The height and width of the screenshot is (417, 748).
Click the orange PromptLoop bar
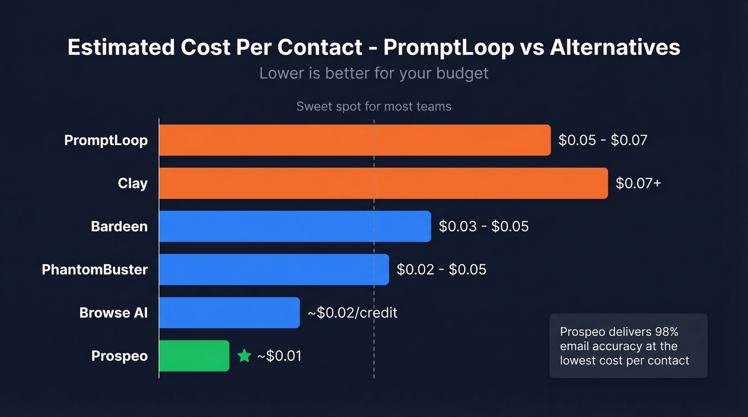point(355,140)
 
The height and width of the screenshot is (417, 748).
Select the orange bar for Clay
point(383,183)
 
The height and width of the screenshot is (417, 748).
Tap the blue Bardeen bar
point(295,226)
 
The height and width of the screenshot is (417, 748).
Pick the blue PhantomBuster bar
point(274,270)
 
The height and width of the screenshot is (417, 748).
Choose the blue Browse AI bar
point(229,313)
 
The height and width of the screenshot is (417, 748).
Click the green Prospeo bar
point(194,356)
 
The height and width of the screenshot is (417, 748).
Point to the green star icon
point(244,356)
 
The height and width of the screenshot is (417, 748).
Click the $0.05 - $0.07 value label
point(603,140)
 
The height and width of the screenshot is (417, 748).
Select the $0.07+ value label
point(638,183)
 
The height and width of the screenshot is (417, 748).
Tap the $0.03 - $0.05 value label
point(484,226)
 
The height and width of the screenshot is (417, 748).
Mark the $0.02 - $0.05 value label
point(441,270)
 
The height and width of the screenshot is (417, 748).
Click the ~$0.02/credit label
point(353,313)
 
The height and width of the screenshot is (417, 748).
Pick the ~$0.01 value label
point(279,356)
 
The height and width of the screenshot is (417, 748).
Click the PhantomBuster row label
point(95,270)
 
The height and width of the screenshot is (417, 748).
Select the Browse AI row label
point(113,313)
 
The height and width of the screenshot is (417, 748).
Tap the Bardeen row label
point(119,226)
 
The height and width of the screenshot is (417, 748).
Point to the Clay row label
point(133,183)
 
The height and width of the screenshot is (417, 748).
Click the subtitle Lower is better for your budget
point(374,73)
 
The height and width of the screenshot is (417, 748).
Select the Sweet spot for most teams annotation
point(374,106)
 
